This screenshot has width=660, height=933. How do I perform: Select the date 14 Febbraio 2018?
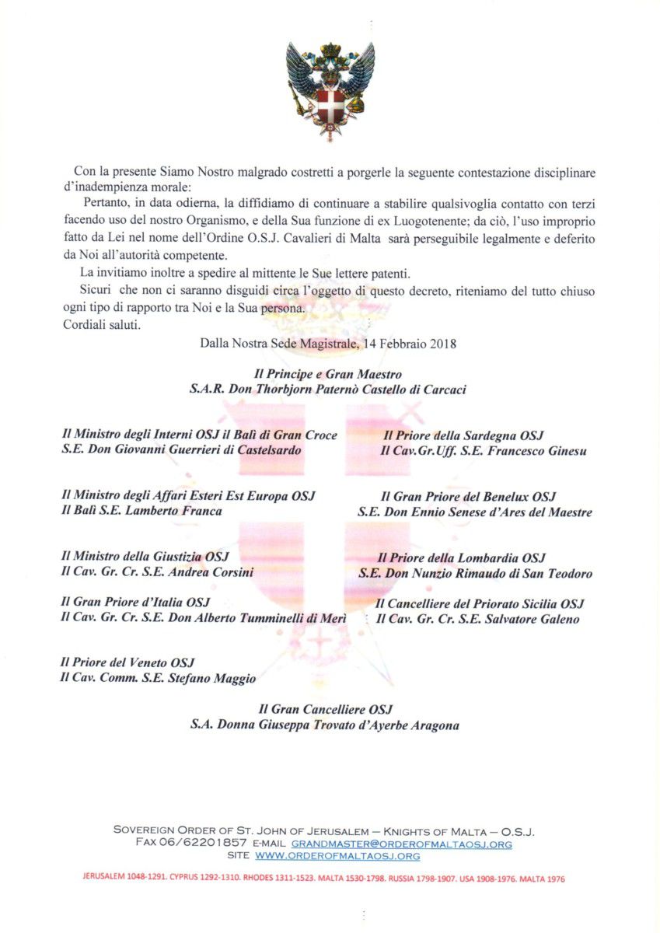412,342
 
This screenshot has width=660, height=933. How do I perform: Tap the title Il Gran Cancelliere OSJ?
326,709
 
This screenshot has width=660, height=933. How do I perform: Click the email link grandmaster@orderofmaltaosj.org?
401,843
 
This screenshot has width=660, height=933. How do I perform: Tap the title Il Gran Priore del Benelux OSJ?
467,497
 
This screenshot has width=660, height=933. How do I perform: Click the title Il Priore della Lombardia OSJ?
461,557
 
